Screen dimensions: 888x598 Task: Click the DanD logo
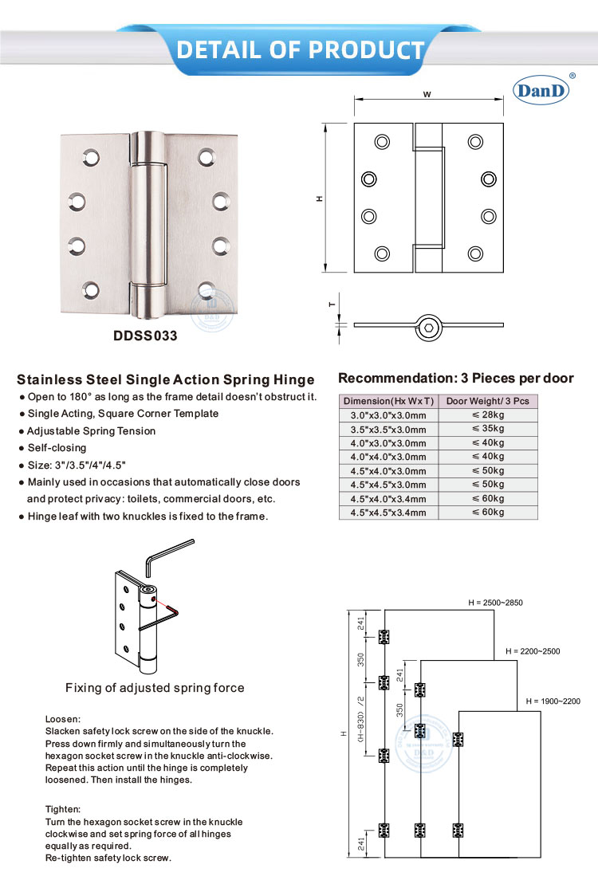[x=542, y=91]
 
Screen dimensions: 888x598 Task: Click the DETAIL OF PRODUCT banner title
[x=300, y=50]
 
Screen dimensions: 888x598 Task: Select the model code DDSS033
[x=145, y=336]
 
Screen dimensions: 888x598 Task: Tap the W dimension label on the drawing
[x=427, y=94]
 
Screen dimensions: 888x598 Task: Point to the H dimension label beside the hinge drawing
[x=319, y=198]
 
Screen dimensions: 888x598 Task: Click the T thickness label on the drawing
[x=331, y=304]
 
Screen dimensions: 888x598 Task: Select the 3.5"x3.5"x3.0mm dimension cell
[x=388, y=429]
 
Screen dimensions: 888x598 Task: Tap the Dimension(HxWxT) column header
[x=388, y=401]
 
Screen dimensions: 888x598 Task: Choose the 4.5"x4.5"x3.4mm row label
[x=388, y=512]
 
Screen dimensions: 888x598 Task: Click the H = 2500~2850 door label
[x=495, y=603]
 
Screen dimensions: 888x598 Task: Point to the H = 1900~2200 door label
[x=553, y=701]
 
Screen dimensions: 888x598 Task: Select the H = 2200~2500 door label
[x=533, y=651]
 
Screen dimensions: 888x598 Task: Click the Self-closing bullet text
[x=57, y=448]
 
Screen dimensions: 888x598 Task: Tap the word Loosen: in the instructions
[x=63, y=718]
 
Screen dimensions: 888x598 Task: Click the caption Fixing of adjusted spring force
[x=155, y=688]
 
